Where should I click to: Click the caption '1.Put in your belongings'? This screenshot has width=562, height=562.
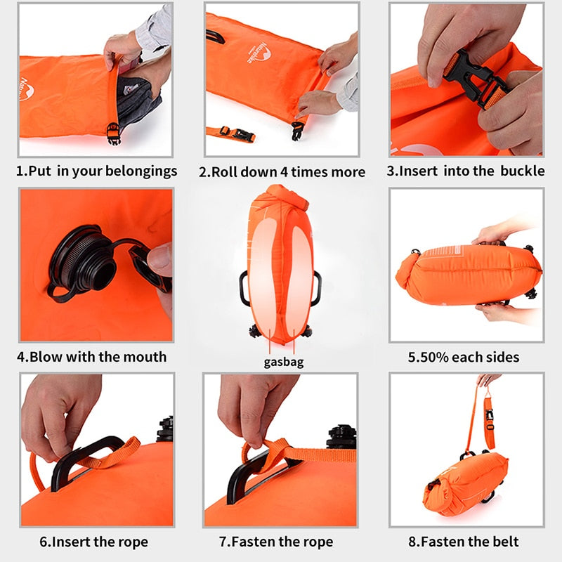(x=97, y=171)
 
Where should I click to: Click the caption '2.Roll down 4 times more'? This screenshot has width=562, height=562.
(x=282, y=172)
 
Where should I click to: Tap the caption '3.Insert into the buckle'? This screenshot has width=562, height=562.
(x=466, y=171)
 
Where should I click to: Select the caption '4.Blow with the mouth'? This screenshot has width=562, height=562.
(x=92, y=356)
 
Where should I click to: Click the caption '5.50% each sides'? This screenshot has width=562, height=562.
(x=464, y=357)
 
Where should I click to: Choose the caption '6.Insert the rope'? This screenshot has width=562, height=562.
(x=93, y=542)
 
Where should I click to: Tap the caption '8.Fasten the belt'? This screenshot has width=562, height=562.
(x=464, y=542)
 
